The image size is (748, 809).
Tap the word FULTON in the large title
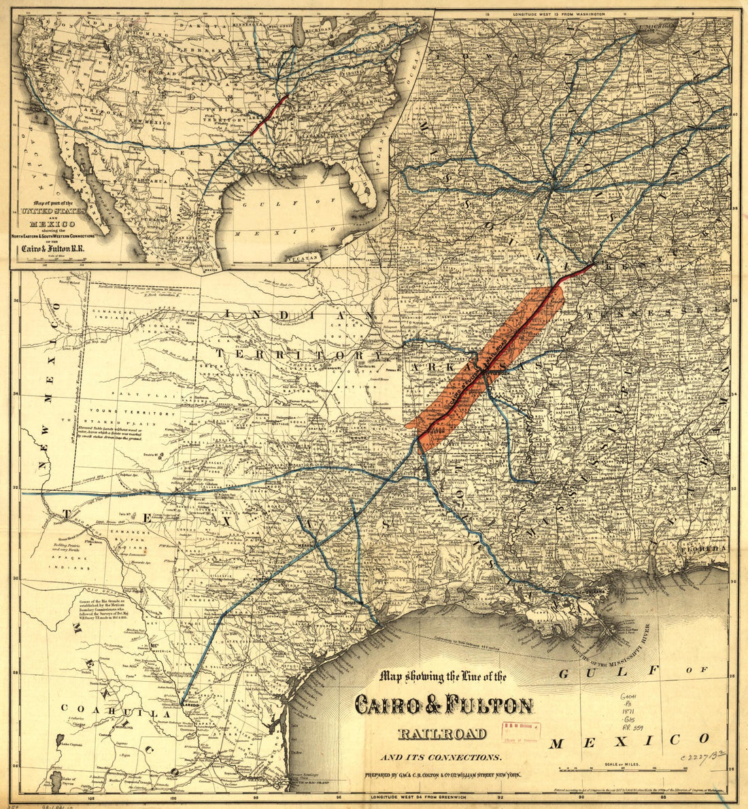[488, 705]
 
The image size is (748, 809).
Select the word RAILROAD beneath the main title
[442, 733]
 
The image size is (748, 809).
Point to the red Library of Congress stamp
[520, 733]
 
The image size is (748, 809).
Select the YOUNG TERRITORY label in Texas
[146, 413]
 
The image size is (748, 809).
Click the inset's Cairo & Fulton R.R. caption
[56, 249]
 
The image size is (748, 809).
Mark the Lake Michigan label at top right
[656, 26]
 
